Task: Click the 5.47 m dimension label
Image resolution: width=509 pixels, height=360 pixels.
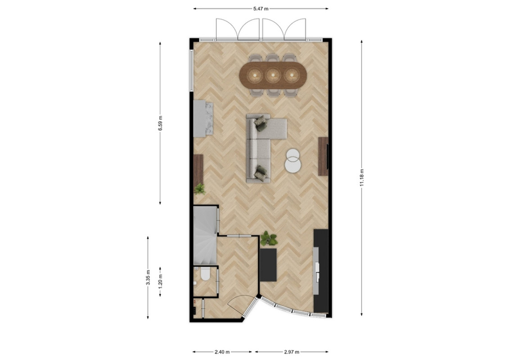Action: click(261, 9)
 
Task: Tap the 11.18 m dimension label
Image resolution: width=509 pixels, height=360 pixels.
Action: click(362, 178)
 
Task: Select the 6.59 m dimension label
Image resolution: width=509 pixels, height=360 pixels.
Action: click(160, 123)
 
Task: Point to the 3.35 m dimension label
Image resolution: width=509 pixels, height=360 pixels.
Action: click(148, 278)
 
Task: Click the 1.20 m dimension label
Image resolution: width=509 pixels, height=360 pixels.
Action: click(160, 281)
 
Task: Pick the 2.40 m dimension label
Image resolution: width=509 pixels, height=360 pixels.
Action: click(222, 351)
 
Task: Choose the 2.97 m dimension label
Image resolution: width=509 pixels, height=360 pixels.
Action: click(292, 351)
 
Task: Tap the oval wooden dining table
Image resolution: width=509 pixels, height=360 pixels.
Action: click(273, 76)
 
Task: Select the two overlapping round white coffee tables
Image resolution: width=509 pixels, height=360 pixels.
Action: click(293, 160)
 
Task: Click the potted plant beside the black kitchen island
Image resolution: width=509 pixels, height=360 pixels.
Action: click(269, 238)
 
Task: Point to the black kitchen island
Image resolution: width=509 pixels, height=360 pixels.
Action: click(269, 265)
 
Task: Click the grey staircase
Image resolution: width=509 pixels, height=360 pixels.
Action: click(205, 236)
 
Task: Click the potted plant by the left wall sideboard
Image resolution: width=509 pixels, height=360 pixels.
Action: click(200, 189)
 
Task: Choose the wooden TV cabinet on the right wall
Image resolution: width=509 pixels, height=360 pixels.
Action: click(323, 156)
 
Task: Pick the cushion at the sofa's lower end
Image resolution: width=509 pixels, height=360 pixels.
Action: click(260, 172)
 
